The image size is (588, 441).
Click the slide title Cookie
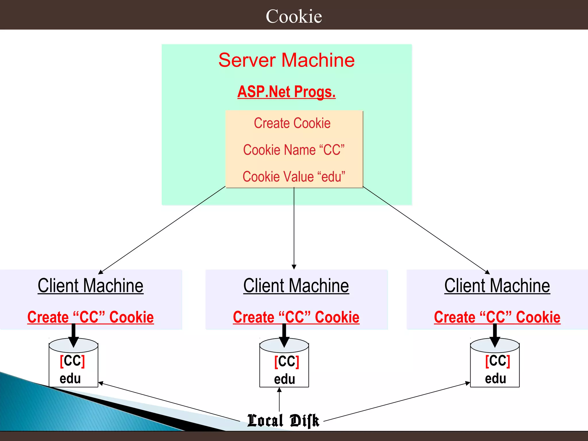coord(294,16)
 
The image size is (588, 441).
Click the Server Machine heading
coord(287,60)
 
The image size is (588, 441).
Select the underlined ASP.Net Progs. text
coord(287,92)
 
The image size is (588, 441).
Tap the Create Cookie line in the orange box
coord(292,123)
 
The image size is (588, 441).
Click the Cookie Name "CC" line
coord(294,150)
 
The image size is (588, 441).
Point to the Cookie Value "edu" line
coord(294,177)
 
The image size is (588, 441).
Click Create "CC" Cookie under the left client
coord(90,317)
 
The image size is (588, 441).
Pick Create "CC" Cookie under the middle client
coord(296,317)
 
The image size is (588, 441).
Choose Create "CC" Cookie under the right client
coord(497,317)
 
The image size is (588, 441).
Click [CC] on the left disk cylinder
coord(72,361)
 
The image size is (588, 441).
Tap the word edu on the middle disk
coord(284,379)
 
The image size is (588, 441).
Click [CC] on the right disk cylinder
coord(498,361)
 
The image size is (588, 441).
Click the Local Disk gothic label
coord(283,421)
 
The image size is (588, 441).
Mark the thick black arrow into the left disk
coord(73,336)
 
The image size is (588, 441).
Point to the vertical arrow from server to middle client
coord(294,230)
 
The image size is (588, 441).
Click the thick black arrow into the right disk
coord(495,336)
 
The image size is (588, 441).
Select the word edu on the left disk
coord(70,378)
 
